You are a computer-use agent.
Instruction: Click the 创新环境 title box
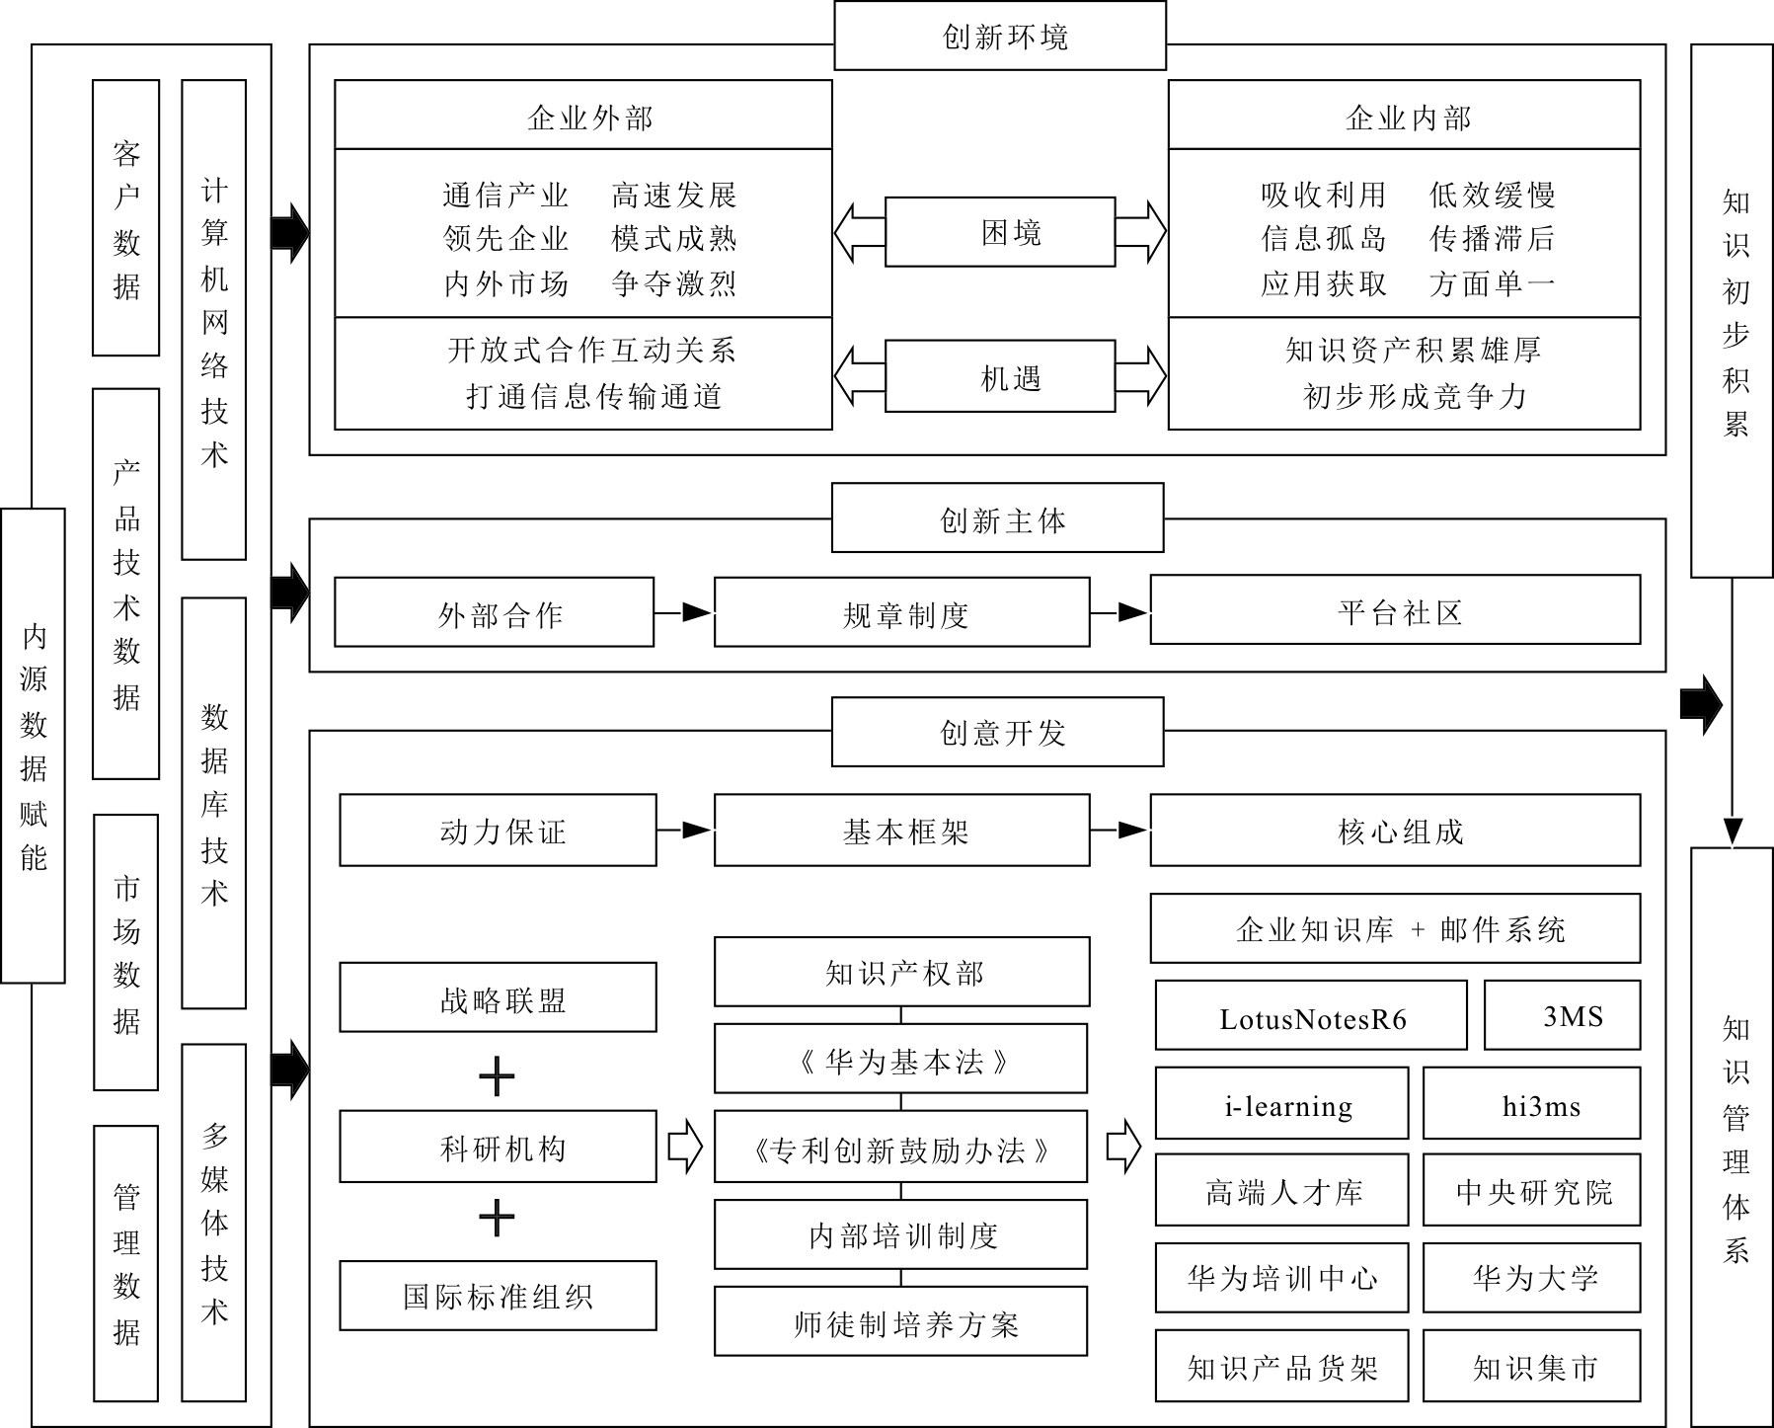coord(1000,36)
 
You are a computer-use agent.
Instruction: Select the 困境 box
coord(1000,232)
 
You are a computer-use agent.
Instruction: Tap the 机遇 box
coord(1000,376)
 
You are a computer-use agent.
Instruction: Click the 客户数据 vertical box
coord(125,217)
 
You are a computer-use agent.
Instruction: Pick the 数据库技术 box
coord(213,803)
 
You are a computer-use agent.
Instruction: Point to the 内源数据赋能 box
coord(33,746)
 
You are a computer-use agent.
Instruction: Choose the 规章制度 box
coord(902,612)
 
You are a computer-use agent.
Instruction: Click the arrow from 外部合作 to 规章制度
coord(683,612)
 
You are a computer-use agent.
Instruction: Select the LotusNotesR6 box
coord(1311,1015)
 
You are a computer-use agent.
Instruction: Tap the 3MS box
coord(1563,1015)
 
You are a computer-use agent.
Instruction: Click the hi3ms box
coord(1532,1103)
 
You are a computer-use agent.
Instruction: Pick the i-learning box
coord(1281,1103)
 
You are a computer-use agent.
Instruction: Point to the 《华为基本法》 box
coord(900,1059)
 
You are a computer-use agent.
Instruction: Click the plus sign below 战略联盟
coord(497,1076)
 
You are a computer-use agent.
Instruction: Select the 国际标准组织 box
coord(498,1295)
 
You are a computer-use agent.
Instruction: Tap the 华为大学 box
coord(1532,1278)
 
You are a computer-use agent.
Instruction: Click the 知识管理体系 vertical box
coord(1733,1136)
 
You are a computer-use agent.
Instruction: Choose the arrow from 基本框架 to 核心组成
coord(1120,831)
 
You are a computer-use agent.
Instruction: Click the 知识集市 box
coord(1532,1366)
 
